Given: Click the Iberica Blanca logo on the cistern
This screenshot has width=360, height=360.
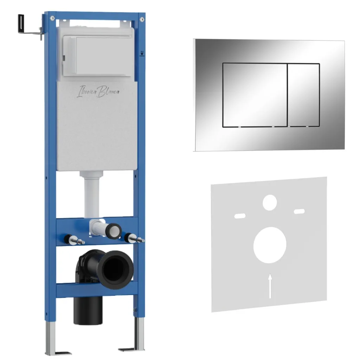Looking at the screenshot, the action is point(98,91).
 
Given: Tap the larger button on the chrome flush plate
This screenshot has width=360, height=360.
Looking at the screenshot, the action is point(255,95).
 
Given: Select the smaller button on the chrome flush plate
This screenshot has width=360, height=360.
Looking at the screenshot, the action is point(303,95).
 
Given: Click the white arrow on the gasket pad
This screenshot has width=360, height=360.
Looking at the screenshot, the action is point(270,286).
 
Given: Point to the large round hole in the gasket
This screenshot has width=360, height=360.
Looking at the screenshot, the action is point(270,245).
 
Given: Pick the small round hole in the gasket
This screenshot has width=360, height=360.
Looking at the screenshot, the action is point(270,202).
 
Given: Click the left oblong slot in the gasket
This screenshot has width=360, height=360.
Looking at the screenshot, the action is point(240,216).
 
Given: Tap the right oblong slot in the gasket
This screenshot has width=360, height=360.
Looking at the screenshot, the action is point(300,211).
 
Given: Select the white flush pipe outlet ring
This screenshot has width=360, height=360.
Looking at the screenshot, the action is point(114,231).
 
